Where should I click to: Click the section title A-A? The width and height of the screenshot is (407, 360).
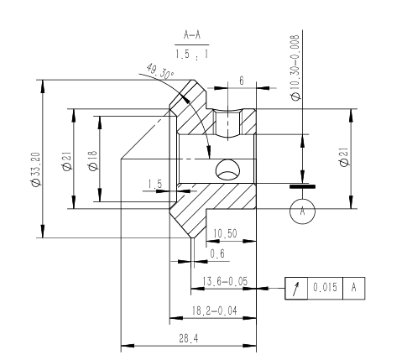tap(192, 35)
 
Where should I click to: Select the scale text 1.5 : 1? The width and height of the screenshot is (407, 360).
tap(192, 54)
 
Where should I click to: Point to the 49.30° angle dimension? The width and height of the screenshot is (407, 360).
tap(160, 71)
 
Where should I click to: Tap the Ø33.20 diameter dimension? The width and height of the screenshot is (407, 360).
tap(36, 169)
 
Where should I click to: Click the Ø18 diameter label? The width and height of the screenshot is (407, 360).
tap(92, 160)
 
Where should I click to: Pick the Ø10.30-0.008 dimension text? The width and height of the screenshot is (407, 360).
tap(295, 68)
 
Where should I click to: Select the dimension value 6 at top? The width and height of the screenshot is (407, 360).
tap(242, 81)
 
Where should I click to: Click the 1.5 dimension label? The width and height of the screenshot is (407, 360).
tap(154, 184)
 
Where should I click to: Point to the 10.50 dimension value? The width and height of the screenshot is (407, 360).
tap(225, 233)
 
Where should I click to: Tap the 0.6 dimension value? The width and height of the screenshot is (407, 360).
tap(217, 253)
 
